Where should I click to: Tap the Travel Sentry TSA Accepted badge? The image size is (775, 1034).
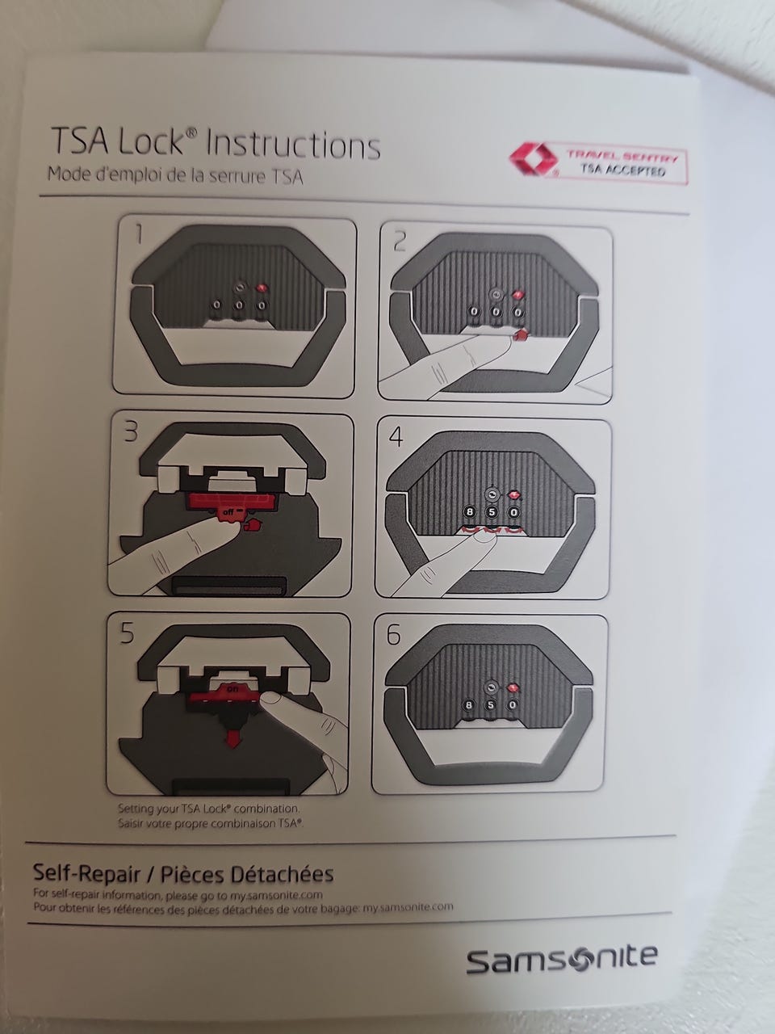[x=597, y=163]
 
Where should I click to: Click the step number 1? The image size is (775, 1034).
[x=140, y=234]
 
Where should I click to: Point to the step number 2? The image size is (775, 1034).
[x=400, y=242]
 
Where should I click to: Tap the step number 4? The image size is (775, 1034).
[x=396, y=437]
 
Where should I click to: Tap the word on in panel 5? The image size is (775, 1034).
[x=232, y=689]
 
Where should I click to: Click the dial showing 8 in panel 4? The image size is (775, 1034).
[x=470, y=512]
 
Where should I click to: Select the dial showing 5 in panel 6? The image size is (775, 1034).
[x=490, y=705]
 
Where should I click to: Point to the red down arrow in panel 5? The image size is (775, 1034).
[x=231, y=739]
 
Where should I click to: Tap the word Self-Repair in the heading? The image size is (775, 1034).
[x=87, y=874]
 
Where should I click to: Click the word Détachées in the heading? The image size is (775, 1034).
[x=282, y=875]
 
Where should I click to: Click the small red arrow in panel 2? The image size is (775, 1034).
[x=521, y=335]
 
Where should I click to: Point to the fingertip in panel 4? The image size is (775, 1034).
[x=484, y=537]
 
